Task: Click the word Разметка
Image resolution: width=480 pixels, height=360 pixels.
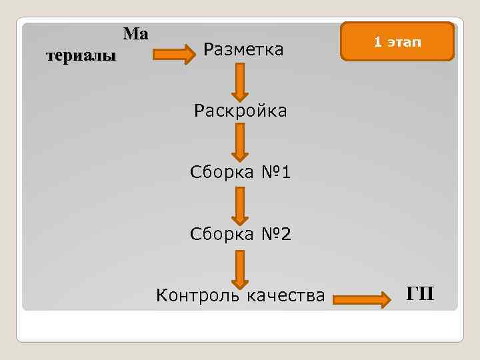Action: point(243,49)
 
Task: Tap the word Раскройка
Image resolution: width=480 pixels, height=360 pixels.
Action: point(240,111)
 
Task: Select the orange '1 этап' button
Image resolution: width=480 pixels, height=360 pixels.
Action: point(397,42)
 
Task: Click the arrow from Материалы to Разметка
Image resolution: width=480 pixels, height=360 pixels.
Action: point(174,53)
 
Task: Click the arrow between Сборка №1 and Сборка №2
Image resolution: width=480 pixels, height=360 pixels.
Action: point(240,203)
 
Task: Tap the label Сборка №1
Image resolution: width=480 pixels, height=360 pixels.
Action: point(240,173)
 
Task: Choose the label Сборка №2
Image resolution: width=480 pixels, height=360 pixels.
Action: point(240,235)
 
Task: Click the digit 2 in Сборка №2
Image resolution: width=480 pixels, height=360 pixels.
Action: point(284,235)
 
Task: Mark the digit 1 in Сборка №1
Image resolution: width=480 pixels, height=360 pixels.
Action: point(285,173)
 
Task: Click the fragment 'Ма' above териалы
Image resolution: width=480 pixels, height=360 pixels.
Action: point(135,34)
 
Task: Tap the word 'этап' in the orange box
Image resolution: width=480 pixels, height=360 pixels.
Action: point(405,42)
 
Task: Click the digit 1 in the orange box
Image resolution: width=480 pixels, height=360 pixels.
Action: point(377,42)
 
